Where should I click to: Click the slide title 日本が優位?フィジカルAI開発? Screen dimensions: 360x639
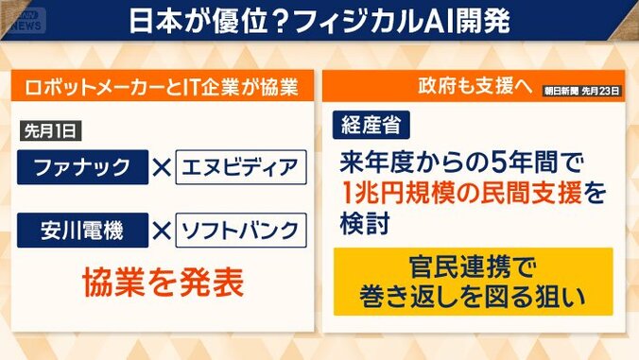[320, 21]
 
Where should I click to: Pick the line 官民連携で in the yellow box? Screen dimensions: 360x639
[473, 266]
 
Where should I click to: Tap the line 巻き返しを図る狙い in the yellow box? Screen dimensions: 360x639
[473, 296]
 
